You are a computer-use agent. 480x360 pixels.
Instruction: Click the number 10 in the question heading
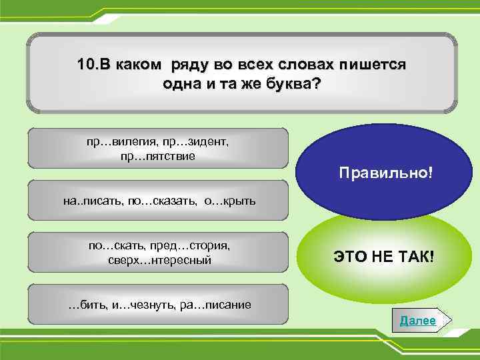[85, 65]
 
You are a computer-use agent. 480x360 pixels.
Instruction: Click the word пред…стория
[193, 245]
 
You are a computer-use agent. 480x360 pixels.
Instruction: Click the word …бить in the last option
[85, 305]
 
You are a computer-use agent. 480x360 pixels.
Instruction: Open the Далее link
[417, 321]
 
